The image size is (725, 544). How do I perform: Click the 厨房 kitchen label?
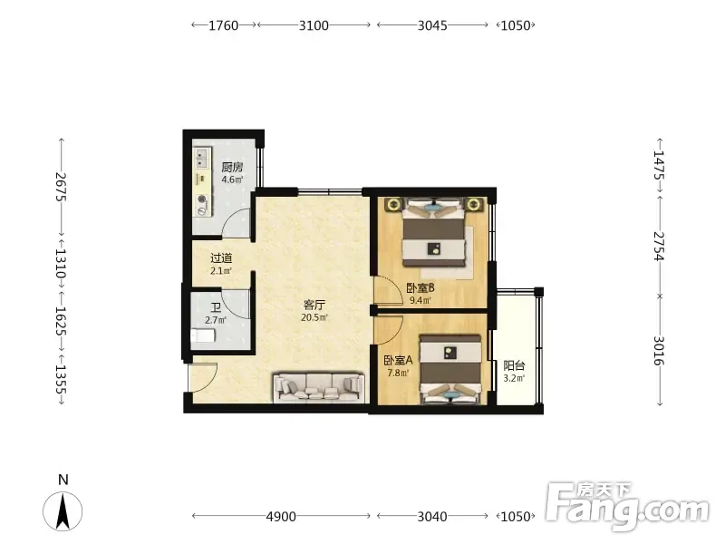pyautogui.click(x=232, y=167)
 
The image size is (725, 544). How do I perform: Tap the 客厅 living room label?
pyautogui.click(x=314, y=305)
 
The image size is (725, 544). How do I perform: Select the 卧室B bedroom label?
pyautogui.click(x=420, y=288)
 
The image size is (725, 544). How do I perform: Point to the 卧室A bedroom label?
pyautogui.click(x=398, y=360)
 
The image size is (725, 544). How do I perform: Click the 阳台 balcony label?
pyautogui.click(x=514, y=366)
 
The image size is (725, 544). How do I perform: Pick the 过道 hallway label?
pyautogui.click(x=221, y=258)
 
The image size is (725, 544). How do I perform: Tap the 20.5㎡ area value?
pyautogui.click(x=314, y=318)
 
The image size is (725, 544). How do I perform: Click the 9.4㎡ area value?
pyautogui.click(x=420, y=301)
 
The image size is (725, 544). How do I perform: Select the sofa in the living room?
pyautogui.click(x=319, y=388)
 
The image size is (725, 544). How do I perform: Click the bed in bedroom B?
pyautogui.click(x=433, y=233)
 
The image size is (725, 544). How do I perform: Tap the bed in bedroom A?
pyautogui.click(x=450, y=370)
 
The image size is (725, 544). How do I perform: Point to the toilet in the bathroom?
pyautogui.click(x=203, y=335)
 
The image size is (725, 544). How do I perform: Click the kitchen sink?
pyautogui.click(x=201, y=158)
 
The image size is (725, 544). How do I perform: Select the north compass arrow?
pyautogui.click(x=63, y=511)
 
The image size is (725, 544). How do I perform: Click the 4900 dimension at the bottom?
pyautogui.click(x=281, y=516)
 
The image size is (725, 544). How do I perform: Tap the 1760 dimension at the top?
pyautogui.click(x=224, y=25)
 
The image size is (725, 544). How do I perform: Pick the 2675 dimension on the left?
pyautogui.click(x=62, y=187)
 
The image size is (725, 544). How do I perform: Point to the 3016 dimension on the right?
pyautogui.click(x=659, y=351)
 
